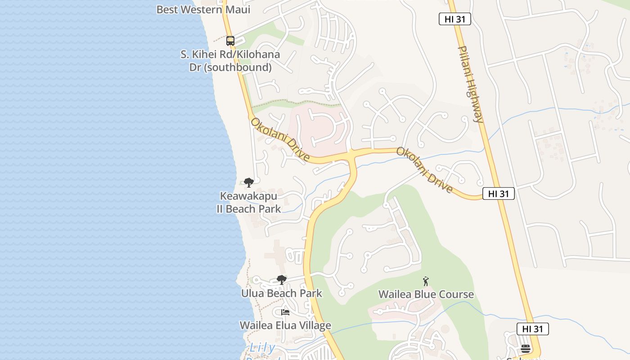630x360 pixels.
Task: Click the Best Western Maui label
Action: pos(203,9)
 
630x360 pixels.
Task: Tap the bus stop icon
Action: pos(230,41)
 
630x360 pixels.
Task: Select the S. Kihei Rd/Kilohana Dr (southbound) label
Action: pos(230,61)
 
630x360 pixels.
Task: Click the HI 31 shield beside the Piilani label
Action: pos(454,19)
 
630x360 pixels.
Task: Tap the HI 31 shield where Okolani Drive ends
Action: pos(498,193)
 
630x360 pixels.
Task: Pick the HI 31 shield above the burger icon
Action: pos(532,329)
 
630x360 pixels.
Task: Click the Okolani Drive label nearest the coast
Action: pos(280,139)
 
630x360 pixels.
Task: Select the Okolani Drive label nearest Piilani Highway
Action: pos(424,170)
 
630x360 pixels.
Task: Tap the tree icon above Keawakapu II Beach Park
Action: pos(248,182)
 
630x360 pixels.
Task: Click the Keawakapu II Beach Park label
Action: pos(248,202)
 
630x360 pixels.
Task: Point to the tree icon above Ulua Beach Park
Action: pos(281,280)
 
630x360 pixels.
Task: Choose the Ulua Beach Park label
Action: pos(282,293)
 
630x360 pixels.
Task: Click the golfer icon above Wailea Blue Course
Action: pos(426,282)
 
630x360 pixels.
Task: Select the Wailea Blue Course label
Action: pos(426,294)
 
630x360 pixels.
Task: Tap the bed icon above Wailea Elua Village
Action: pos(285,312)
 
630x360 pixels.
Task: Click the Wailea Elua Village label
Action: pos(285,325)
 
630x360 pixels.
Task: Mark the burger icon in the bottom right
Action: pos(525,349)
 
